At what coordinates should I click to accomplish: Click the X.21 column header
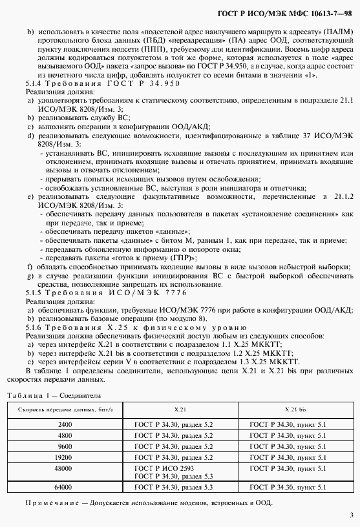pos(180,409)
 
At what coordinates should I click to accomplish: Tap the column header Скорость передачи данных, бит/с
pos(65,409)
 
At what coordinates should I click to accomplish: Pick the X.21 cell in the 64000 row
pos(164,486)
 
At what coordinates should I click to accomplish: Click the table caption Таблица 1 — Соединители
pos(54,394)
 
